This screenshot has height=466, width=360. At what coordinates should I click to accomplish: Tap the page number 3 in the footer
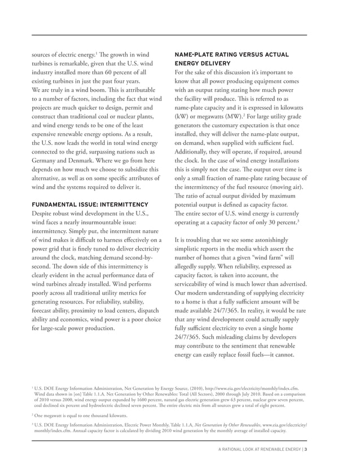[x=305, y=449]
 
